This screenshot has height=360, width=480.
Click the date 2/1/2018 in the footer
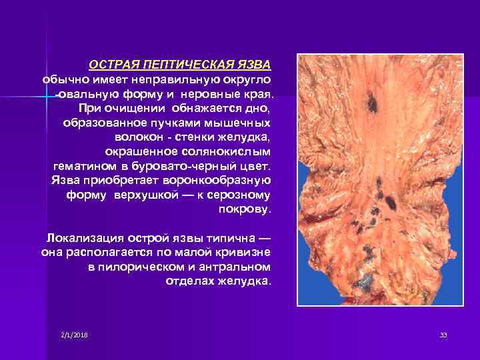click(74, 334)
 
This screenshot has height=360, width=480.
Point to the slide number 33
click(443, 334)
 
